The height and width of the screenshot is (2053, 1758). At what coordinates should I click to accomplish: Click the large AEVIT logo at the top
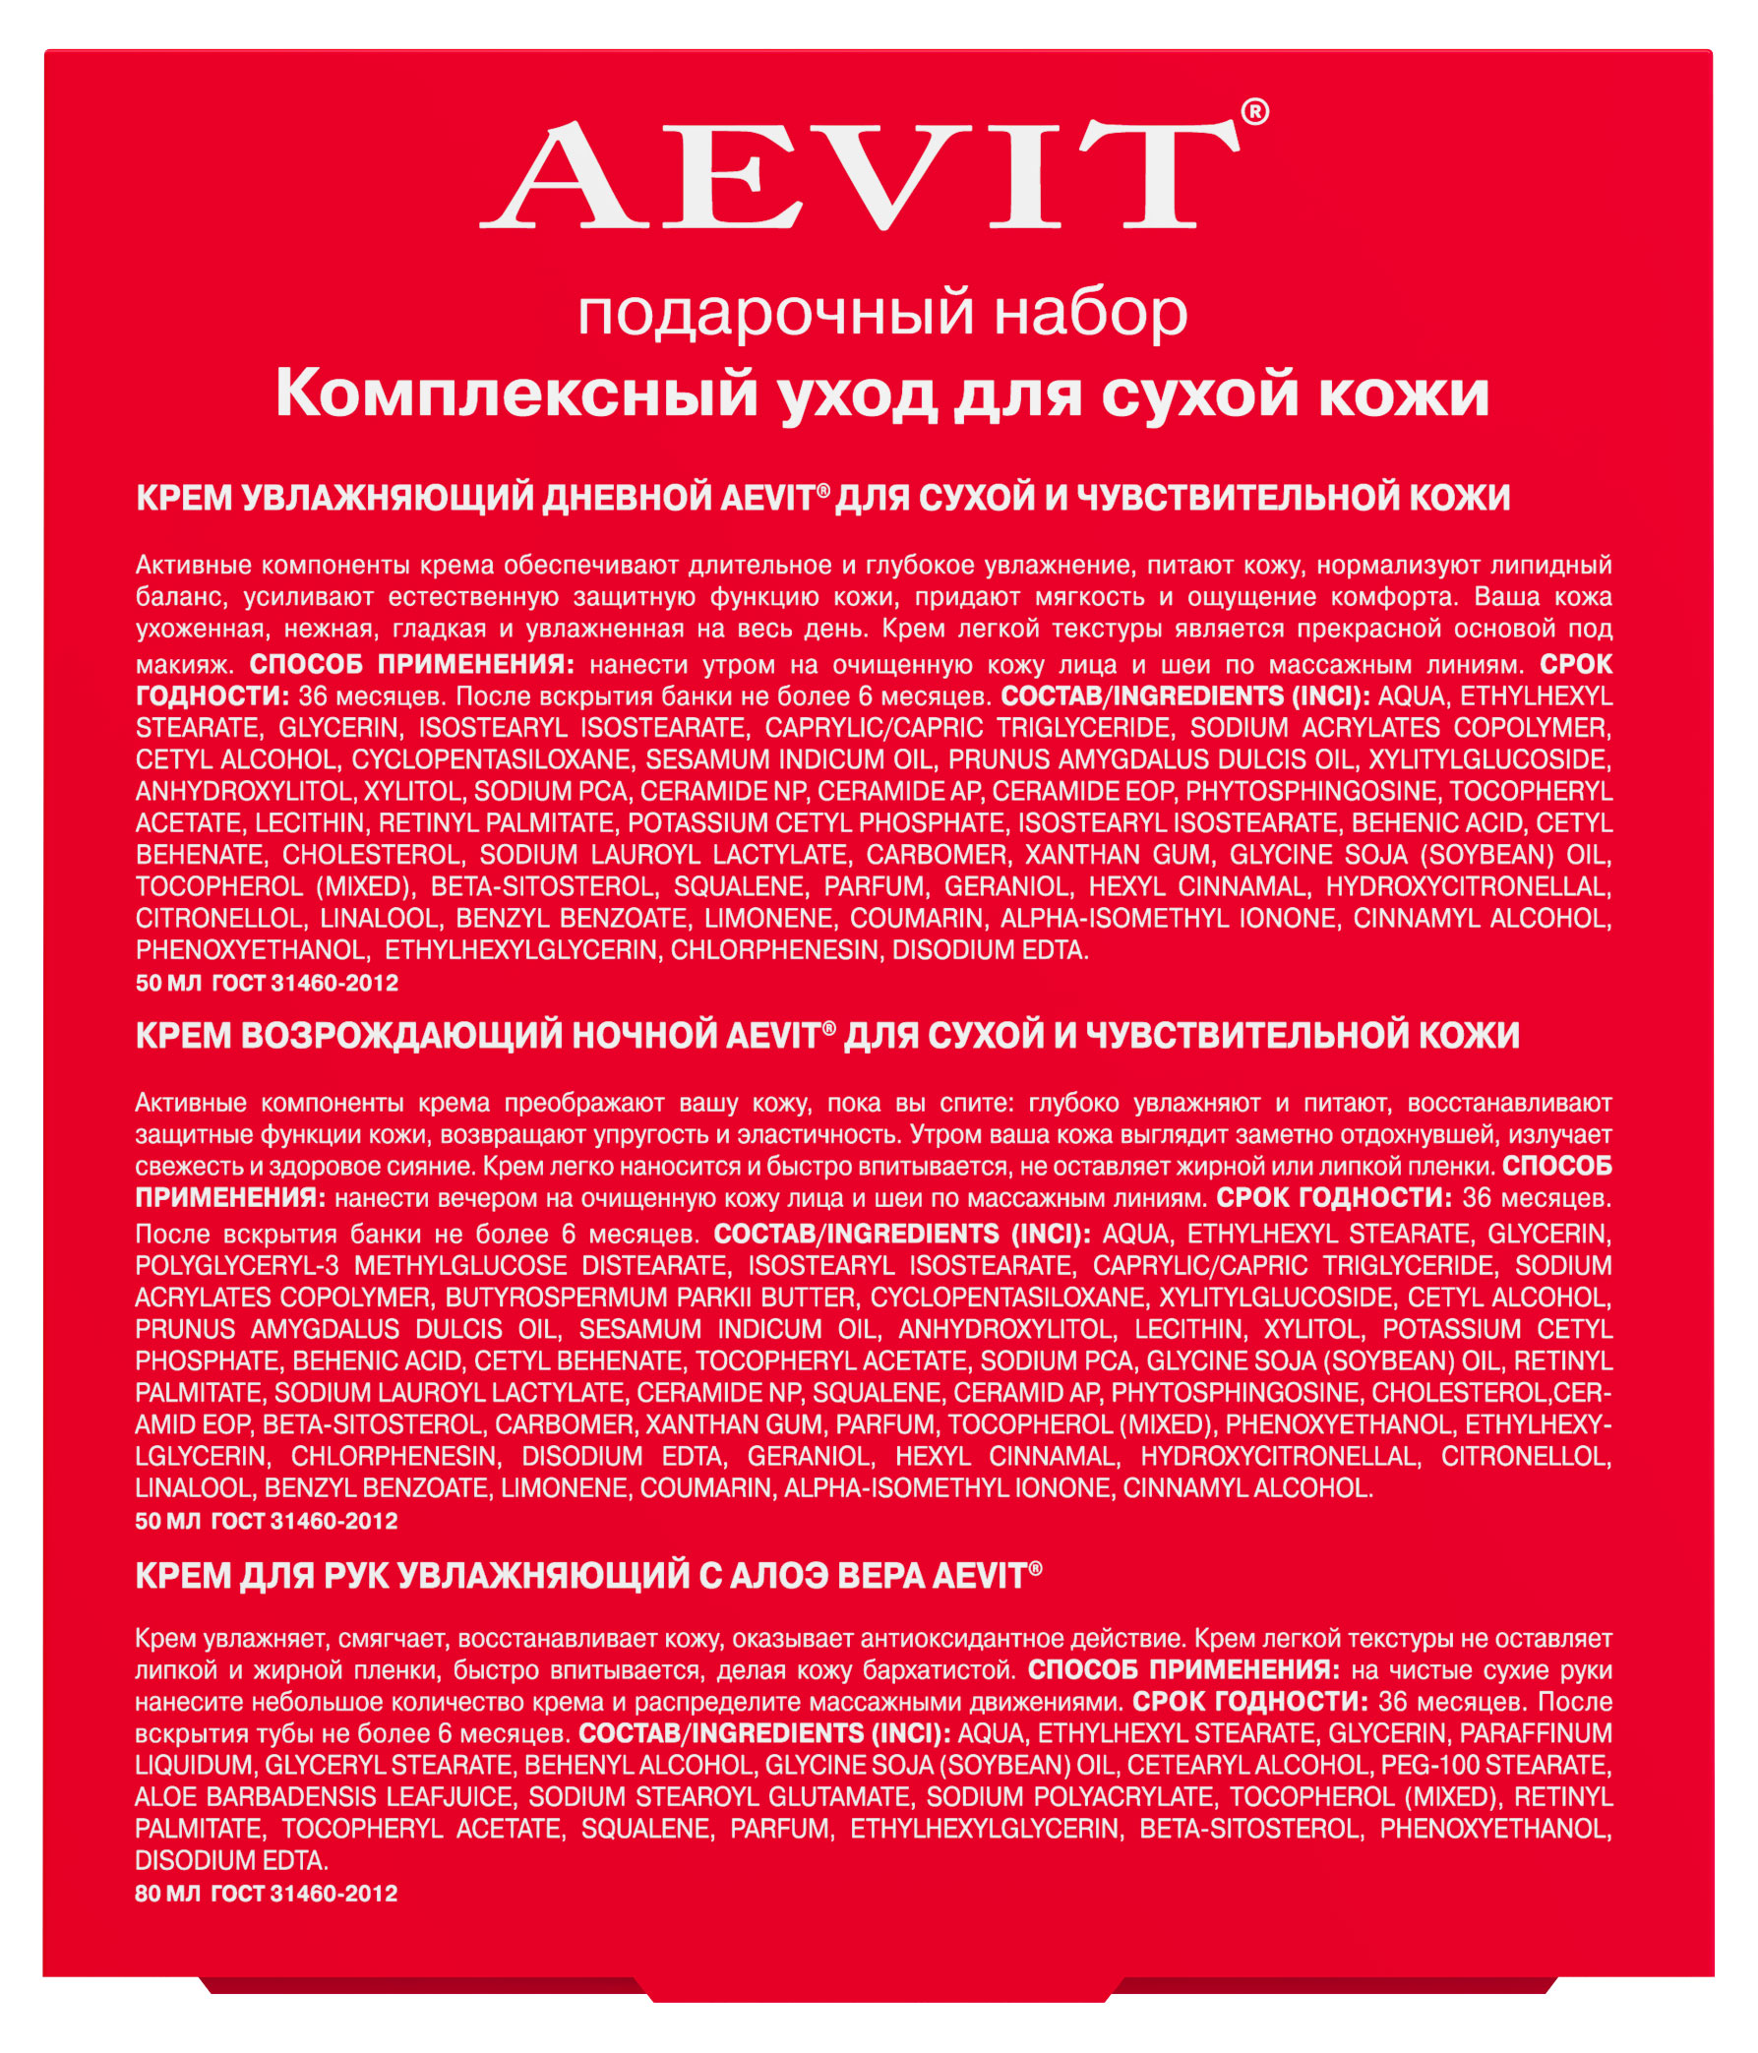coord(858,174)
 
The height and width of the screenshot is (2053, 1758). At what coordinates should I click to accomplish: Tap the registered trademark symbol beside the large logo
coord(1253,113)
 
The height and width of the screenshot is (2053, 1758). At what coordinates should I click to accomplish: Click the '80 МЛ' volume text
coord(167,1894)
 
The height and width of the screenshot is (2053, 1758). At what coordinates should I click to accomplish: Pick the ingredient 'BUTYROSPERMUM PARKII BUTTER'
coord(650,1297)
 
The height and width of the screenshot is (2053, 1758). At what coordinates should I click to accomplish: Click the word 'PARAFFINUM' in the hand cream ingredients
coord(1535,1733)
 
